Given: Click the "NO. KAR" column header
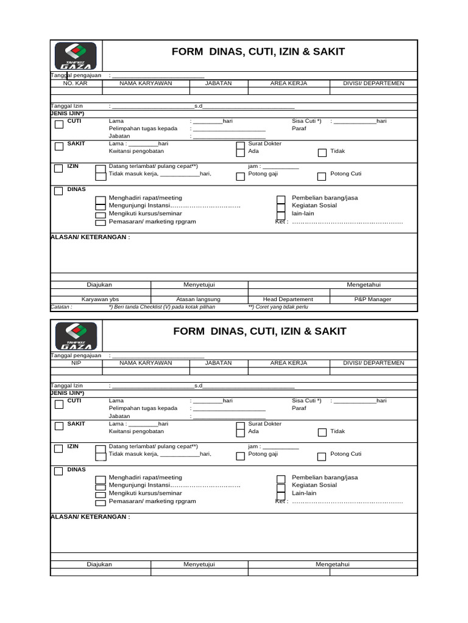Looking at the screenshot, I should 76,83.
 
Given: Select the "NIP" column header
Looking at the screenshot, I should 76,363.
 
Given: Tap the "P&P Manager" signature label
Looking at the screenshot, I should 373,299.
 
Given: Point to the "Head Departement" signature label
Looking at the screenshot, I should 288,299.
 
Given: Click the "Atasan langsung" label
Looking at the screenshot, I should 198,299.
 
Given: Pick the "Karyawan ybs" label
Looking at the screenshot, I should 101,299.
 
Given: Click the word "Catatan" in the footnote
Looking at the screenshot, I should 61,307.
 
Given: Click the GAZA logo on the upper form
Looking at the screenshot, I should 76,56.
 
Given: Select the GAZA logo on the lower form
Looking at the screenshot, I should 76,336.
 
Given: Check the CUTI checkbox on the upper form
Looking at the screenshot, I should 58,125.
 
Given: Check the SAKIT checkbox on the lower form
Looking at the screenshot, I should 58,426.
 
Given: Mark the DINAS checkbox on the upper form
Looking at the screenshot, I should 58,191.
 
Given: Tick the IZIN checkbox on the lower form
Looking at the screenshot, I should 58,449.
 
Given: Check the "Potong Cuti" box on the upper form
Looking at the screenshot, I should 321,176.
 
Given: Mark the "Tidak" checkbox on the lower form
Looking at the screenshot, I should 321,433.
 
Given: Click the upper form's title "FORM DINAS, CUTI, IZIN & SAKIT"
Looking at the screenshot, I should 260,52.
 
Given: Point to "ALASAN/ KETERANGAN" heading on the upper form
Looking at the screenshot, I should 90,237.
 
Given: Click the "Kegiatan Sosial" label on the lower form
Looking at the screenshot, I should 314,486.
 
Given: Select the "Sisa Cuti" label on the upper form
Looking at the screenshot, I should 306,121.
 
